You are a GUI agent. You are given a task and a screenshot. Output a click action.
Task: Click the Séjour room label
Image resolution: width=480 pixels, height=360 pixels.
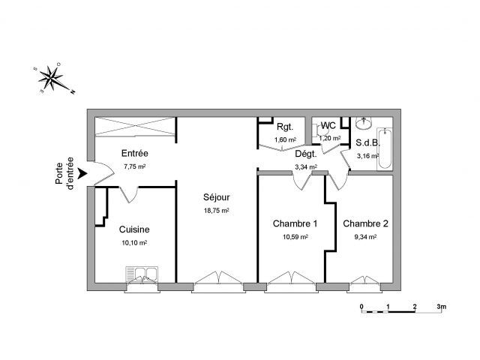point(217,197)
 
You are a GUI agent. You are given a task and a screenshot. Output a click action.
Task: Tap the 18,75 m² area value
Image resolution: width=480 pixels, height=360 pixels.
point(217,211)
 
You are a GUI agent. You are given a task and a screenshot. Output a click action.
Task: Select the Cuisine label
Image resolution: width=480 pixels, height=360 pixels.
point(134,229)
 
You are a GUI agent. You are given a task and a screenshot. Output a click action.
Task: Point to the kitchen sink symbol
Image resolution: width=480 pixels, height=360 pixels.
point(142,274)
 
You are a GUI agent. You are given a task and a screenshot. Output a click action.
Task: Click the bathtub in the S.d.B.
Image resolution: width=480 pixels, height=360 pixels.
point(385,149)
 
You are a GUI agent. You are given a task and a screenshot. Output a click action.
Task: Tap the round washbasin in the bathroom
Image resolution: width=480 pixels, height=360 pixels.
point(364,123)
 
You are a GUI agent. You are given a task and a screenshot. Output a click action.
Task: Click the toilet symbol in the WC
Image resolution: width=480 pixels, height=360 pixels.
point(320,130)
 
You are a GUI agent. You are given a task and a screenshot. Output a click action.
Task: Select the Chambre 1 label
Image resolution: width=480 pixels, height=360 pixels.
point(295,223)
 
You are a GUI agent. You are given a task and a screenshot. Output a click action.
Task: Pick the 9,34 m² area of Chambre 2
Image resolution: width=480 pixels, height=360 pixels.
point(365,237)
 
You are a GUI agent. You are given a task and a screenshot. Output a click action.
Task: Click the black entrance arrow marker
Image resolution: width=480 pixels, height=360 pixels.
point(82,173)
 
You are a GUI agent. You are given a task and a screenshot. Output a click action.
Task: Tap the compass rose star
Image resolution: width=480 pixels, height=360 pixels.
point(52,78)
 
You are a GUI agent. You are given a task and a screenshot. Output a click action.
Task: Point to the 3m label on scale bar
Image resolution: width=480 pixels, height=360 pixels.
point(442,307)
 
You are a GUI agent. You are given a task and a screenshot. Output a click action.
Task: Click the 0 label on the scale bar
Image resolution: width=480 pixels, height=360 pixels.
point(361,307)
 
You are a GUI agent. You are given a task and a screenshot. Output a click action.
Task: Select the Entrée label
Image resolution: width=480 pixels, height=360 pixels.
point(135,153)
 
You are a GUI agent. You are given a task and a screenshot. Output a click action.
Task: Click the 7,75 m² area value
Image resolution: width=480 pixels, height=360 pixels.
point(135,166)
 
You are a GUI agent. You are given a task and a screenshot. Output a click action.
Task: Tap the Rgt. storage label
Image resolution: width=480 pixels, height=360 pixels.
point(285,127)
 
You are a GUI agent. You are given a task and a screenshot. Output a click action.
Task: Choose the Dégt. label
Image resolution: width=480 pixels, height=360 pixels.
point(306,154)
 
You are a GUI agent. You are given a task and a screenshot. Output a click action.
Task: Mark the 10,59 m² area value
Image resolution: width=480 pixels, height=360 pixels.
point(295,237)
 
